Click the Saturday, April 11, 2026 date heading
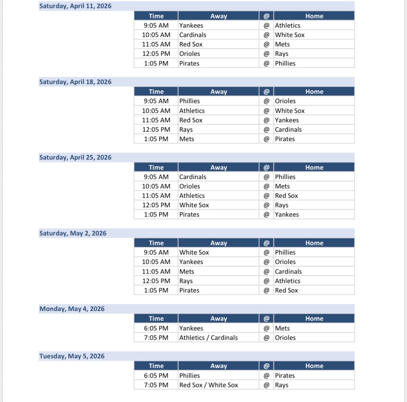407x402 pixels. coord(75,6)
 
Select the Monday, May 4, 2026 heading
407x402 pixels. coord(72,309)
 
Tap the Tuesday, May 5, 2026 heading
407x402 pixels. coord(72,356)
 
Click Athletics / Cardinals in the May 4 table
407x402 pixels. coord(208,338)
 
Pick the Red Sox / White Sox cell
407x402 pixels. coord(208,385)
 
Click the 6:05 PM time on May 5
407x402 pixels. coord(156,376)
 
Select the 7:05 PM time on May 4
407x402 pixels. coord(156,338)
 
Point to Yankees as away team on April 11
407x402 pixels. coord(191,25)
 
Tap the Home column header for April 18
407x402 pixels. coord(314,92)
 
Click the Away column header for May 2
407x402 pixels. coord(218,243)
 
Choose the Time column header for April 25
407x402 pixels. coord(156,167)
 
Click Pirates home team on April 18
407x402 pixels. coord(285,139)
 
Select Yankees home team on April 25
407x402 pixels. coord(287,214)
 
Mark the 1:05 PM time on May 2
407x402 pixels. coord(156,290)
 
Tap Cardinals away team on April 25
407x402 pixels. coord(193,177)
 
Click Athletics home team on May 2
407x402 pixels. coord(288,281)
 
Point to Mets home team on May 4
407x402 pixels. coord(282,328)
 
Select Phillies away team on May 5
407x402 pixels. coord(190,376)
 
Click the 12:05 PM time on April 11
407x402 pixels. coord(156,54)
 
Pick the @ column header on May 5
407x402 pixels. coord(266,366)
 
